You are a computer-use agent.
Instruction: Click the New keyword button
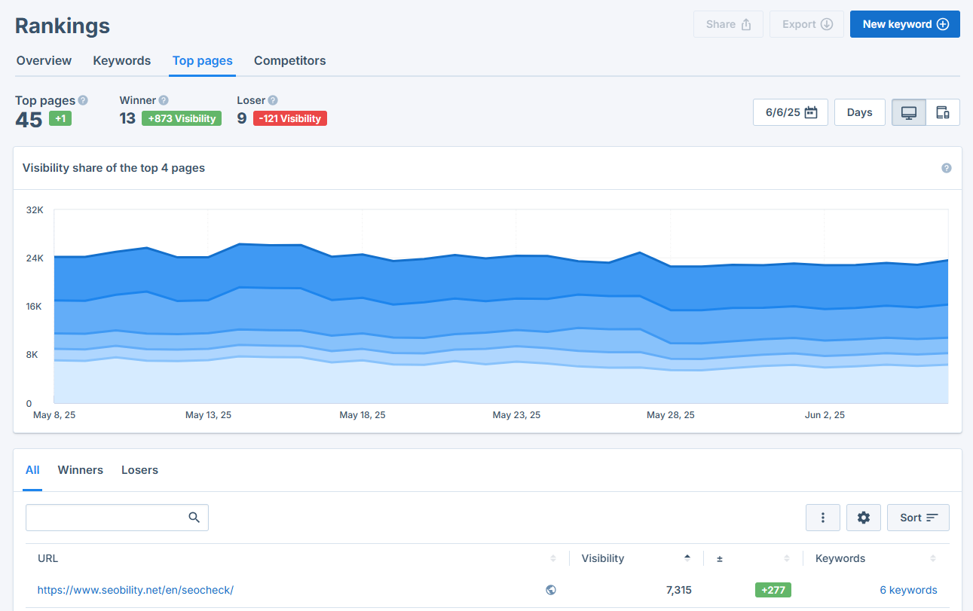904,24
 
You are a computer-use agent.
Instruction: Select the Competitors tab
289,61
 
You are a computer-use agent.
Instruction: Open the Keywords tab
121,61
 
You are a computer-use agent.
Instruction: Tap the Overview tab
44,61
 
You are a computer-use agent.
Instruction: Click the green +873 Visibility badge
181,118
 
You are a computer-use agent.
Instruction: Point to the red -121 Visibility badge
289,118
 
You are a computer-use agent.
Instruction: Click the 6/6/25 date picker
790,112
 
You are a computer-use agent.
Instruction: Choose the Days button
859,112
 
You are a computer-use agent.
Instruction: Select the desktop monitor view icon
908,112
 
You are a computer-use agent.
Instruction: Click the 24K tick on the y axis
35,258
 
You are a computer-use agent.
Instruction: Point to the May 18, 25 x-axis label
362,415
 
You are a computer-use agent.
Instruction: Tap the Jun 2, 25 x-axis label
825,415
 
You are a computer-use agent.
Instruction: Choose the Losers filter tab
139,470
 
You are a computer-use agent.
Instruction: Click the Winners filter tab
80,470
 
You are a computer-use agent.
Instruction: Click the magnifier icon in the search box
194,518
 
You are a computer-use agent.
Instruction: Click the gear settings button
864,518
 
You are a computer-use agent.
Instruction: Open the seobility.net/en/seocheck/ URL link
136,590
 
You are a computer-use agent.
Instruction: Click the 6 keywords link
908,590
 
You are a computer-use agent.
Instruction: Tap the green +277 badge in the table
773,590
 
